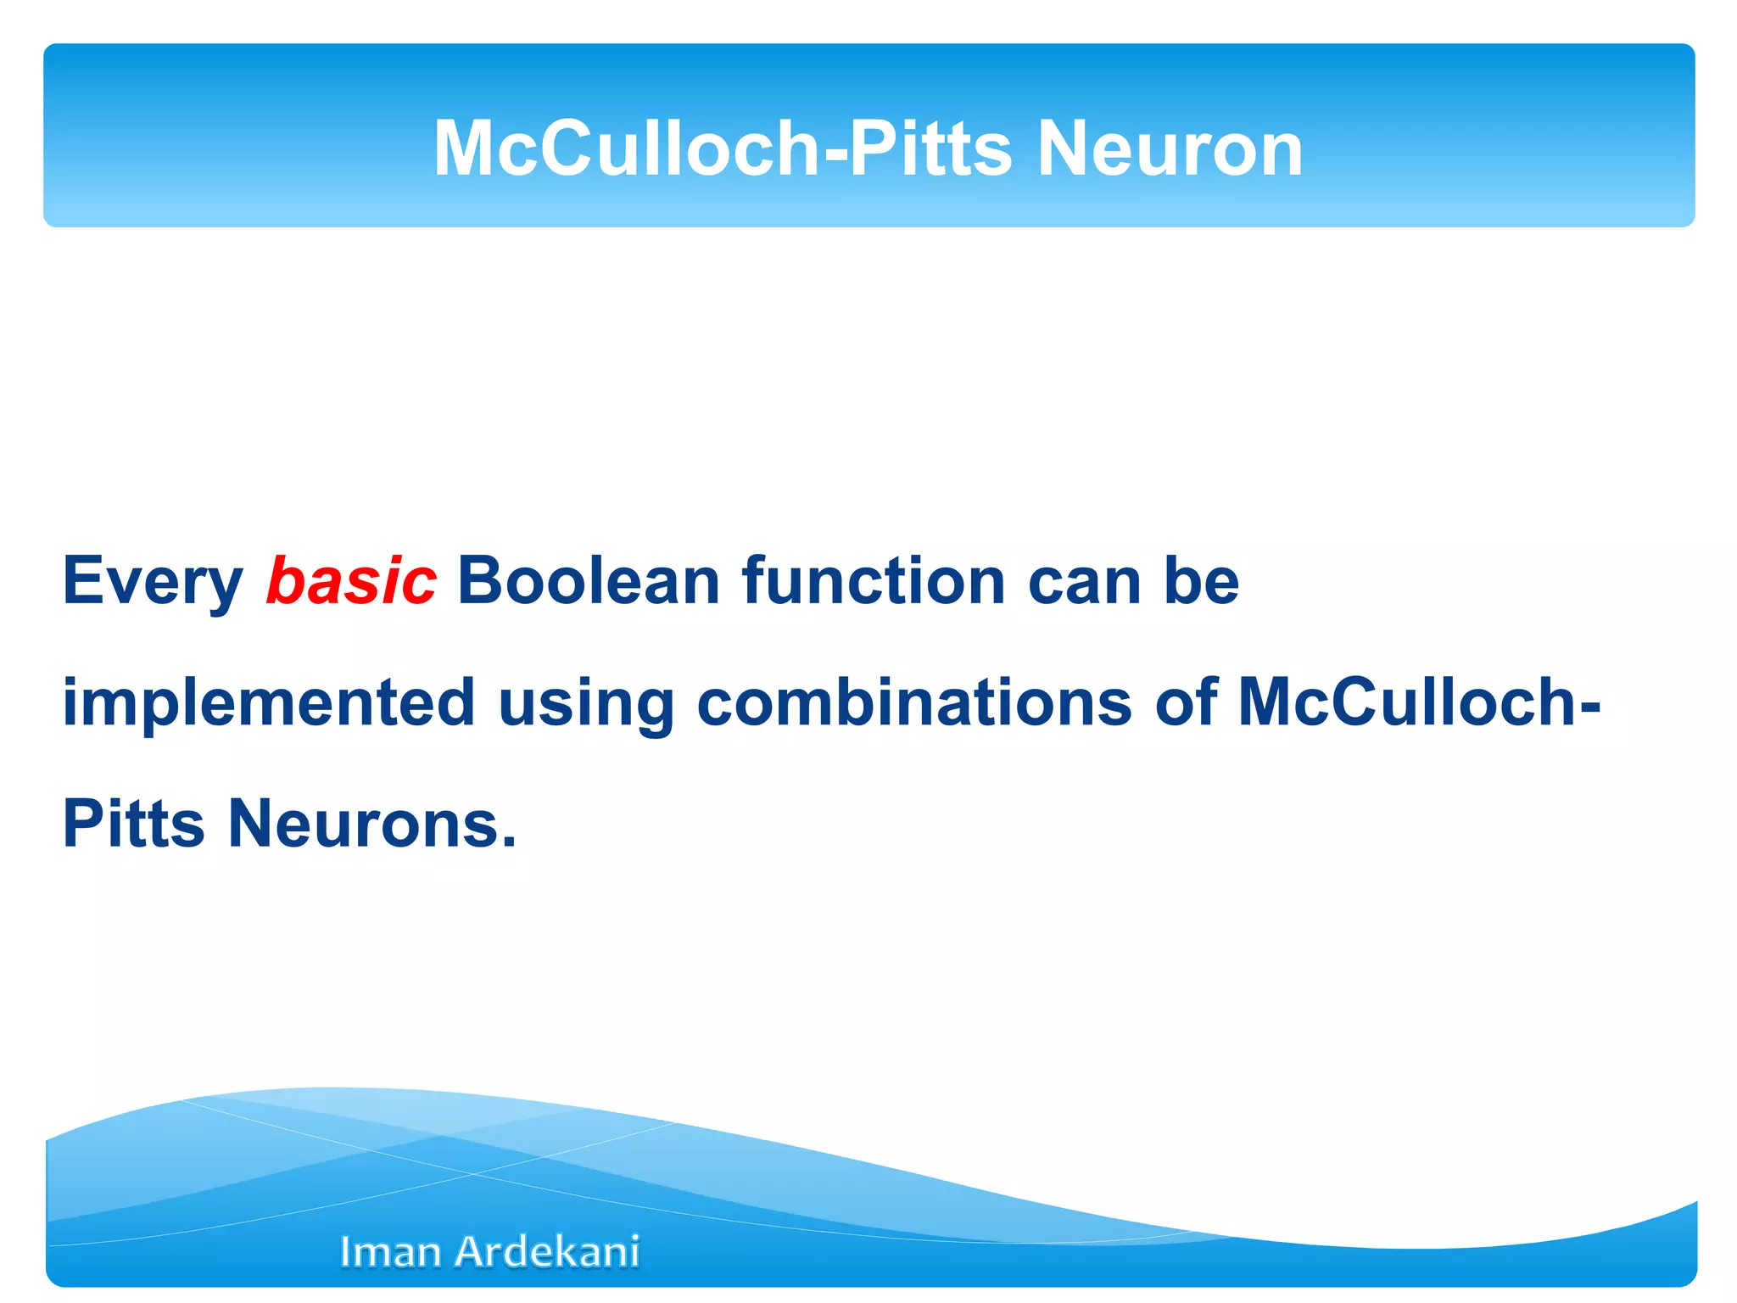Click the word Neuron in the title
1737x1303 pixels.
pyautogui.click(x=1170, y=148)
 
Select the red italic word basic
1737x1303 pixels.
pyautogui.click(x=351, y=581)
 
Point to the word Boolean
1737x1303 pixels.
pyautogui.click(x=589, y=581)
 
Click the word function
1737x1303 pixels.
pyautogui.click(x=874, y=581)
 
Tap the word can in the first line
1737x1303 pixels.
pyautogui.click(x=1084, y=583)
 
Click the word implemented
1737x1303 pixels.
pyautogui.click(x=269, y=704)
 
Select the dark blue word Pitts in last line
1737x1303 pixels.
pyautogui.click(x=134, y=824)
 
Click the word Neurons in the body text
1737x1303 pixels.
pyautogui.click(x=361, y=824)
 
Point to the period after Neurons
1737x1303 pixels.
pyautogui.click(x=509, y=843)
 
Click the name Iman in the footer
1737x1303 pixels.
pyautogui.click(x=389, y=1252)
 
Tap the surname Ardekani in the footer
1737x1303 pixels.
pyautogui.click(x=547, y=1252)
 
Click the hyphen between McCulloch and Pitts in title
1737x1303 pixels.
pyautogui.click(x=834, y=153)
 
